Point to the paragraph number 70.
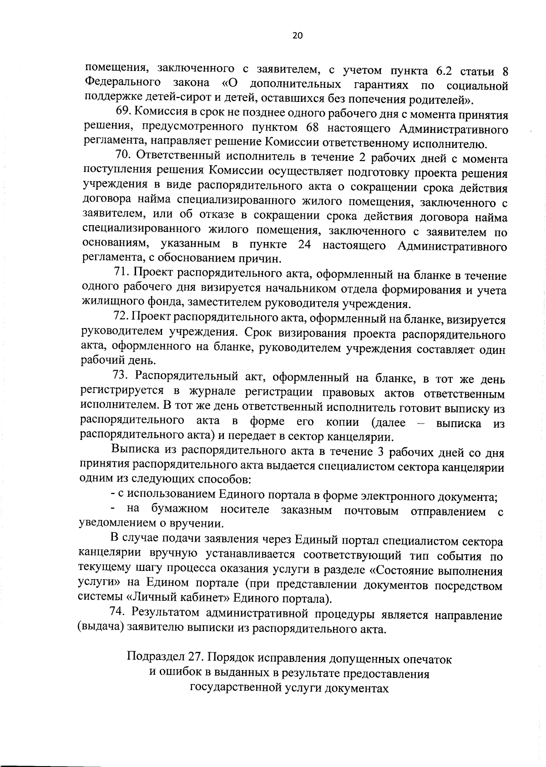[124, 157]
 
